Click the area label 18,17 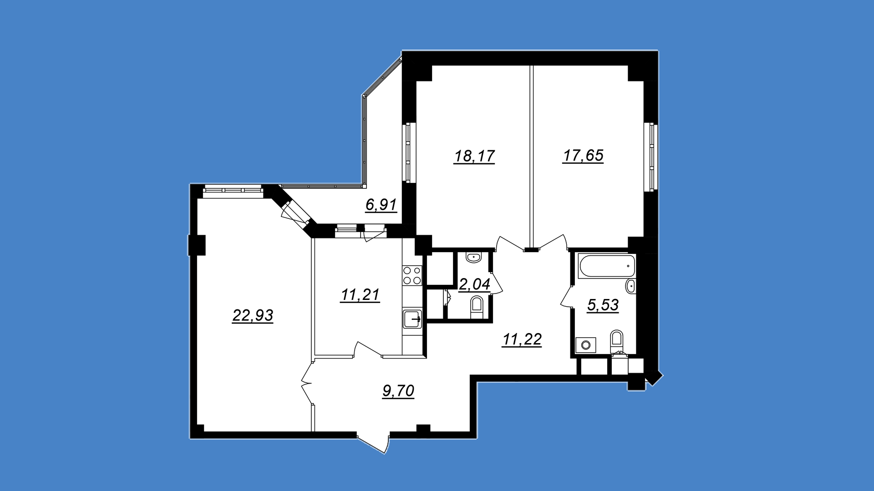(474, 156)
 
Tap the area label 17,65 (583, 156)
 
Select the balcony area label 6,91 (381, 205)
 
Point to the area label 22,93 (253, 315)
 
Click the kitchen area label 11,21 (360, 295)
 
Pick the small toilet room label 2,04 (474, 284)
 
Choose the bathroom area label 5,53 (603, 305)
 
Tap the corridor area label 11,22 (522, 339)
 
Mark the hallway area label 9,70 (398, 391)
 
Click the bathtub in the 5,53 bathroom (606, 266)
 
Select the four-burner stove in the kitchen (412, 275)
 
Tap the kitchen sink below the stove (412, 319)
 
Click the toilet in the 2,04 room (476, 307)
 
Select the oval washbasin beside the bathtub (630, 286)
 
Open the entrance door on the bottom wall (373, 444)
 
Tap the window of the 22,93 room (233, 190)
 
